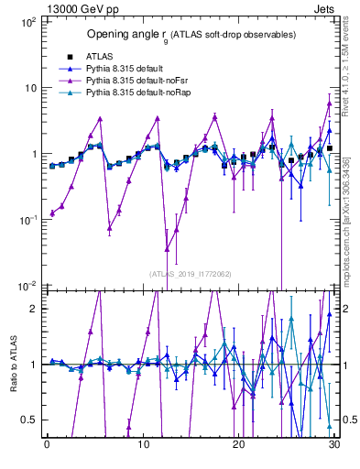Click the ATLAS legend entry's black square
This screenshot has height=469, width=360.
click(69, 56)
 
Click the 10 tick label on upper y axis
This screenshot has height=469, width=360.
click(29, 88)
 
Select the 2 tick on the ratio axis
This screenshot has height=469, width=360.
click(33, 309)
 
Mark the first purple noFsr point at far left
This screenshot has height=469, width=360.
click(52, 213)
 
